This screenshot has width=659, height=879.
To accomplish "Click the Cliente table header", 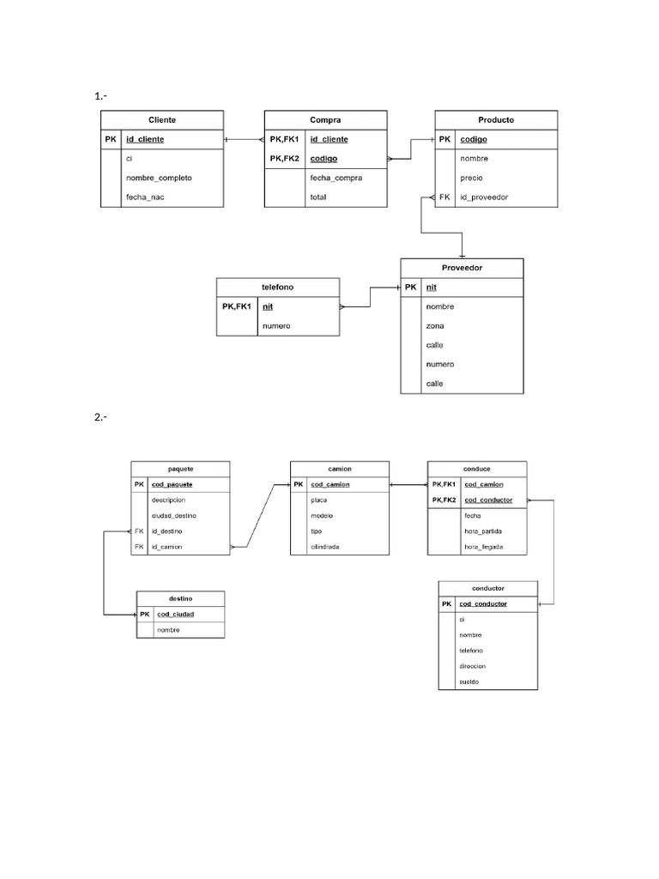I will point(162,119).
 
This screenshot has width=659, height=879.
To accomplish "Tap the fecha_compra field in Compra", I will point(336,178).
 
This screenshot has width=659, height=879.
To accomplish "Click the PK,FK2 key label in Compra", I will point(284,158).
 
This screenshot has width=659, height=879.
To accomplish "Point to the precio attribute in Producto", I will point(471,178).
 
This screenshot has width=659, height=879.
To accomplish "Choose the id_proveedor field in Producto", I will point(484,197).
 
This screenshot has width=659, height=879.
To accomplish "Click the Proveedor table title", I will point(462,268).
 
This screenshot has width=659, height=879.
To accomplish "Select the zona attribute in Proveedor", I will point(434,326).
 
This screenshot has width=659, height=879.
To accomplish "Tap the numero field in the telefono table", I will point(276,326).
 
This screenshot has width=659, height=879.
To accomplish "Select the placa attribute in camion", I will point(318,500).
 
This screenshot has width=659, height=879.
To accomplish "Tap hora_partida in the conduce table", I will point(483,531).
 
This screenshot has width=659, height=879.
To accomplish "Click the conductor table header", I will point(487,589).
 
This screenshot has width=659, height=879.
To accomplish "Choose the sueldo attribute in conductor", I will point(469,682).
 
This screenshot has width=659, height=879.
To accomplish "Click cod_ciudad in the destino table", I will point(175,615).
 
